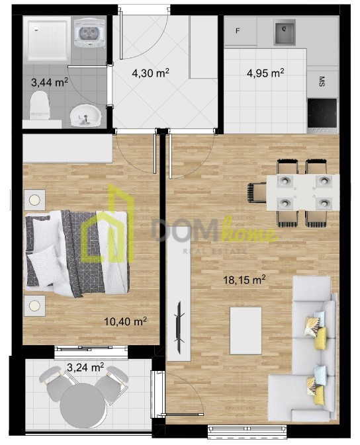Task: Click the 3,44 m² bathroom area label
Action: (50, 83)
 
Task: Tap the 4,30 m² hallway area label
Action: (150, 73)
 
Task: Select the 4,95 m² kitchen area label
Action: (265, 73)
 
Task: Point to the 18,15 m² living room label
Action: (244, 280)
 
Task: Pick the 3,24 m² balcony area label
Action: (85, 368)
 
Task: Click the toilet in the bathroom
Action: (40, 105)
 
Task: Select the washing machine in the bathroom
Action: (89, 32)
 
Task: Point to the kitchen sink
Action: (285, 32)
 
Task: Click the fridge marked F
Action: (240, 30)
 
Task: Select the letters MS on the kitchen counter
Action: (322, 81)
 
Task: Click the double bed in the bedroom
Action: (77, 253)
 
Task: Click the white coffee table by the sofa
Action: (246, 331)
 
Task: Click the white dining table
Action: (302, 192)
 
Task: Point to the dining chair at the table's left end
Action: (257, 192)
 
